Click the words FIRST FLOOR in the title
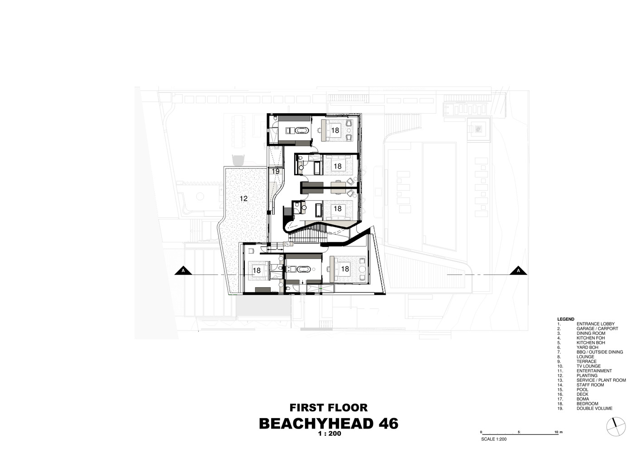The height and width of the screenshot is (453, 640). click(329, 408)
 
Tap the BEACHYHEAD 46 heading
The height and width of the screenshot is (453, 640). click(329, 424)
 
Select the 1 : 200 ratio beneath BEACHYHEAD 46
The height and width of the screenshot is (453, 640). click(330, 434)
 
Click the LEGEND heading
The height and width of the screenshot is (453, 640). click(565, 319)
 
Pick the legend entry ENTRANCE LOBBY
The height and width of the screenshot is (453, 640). click(596, 324)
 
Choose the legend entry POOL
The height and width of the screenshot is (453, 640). click(582, 390)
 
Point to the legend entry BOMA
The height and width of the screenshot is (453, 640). click(583, 399)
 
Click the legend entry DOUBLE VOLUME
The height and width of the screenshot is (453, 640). click(594, 409)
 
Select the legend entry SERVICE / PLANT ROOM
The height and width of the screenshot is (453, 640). click(601, 381)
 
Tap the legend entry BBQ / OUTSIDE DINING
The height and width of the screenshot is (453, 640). click(600, 352)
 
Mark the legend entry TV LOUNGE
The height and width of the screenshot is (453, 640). click(588, 366)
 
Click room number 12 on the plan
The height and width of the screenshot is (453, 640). click(244, 198)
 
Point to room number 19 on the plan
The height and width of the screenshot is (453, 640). click(276, 171)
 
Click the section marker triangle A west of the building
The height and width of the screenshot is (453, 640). click(183, 270)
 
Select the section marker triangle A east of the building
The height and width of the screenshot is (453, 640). click(518, 270)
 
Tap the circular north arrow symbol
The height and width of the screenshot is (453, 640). click(616, 426)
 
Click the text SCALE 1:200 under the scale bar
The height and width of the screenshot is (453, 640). click(494, 439)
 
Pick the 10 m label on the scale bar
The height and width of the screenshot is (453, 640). click(558, 432)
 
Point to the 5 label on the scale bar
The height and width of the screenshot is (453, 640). click(519, 432)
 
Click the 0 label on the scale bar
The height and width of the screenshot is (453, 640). click(481, 432)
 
